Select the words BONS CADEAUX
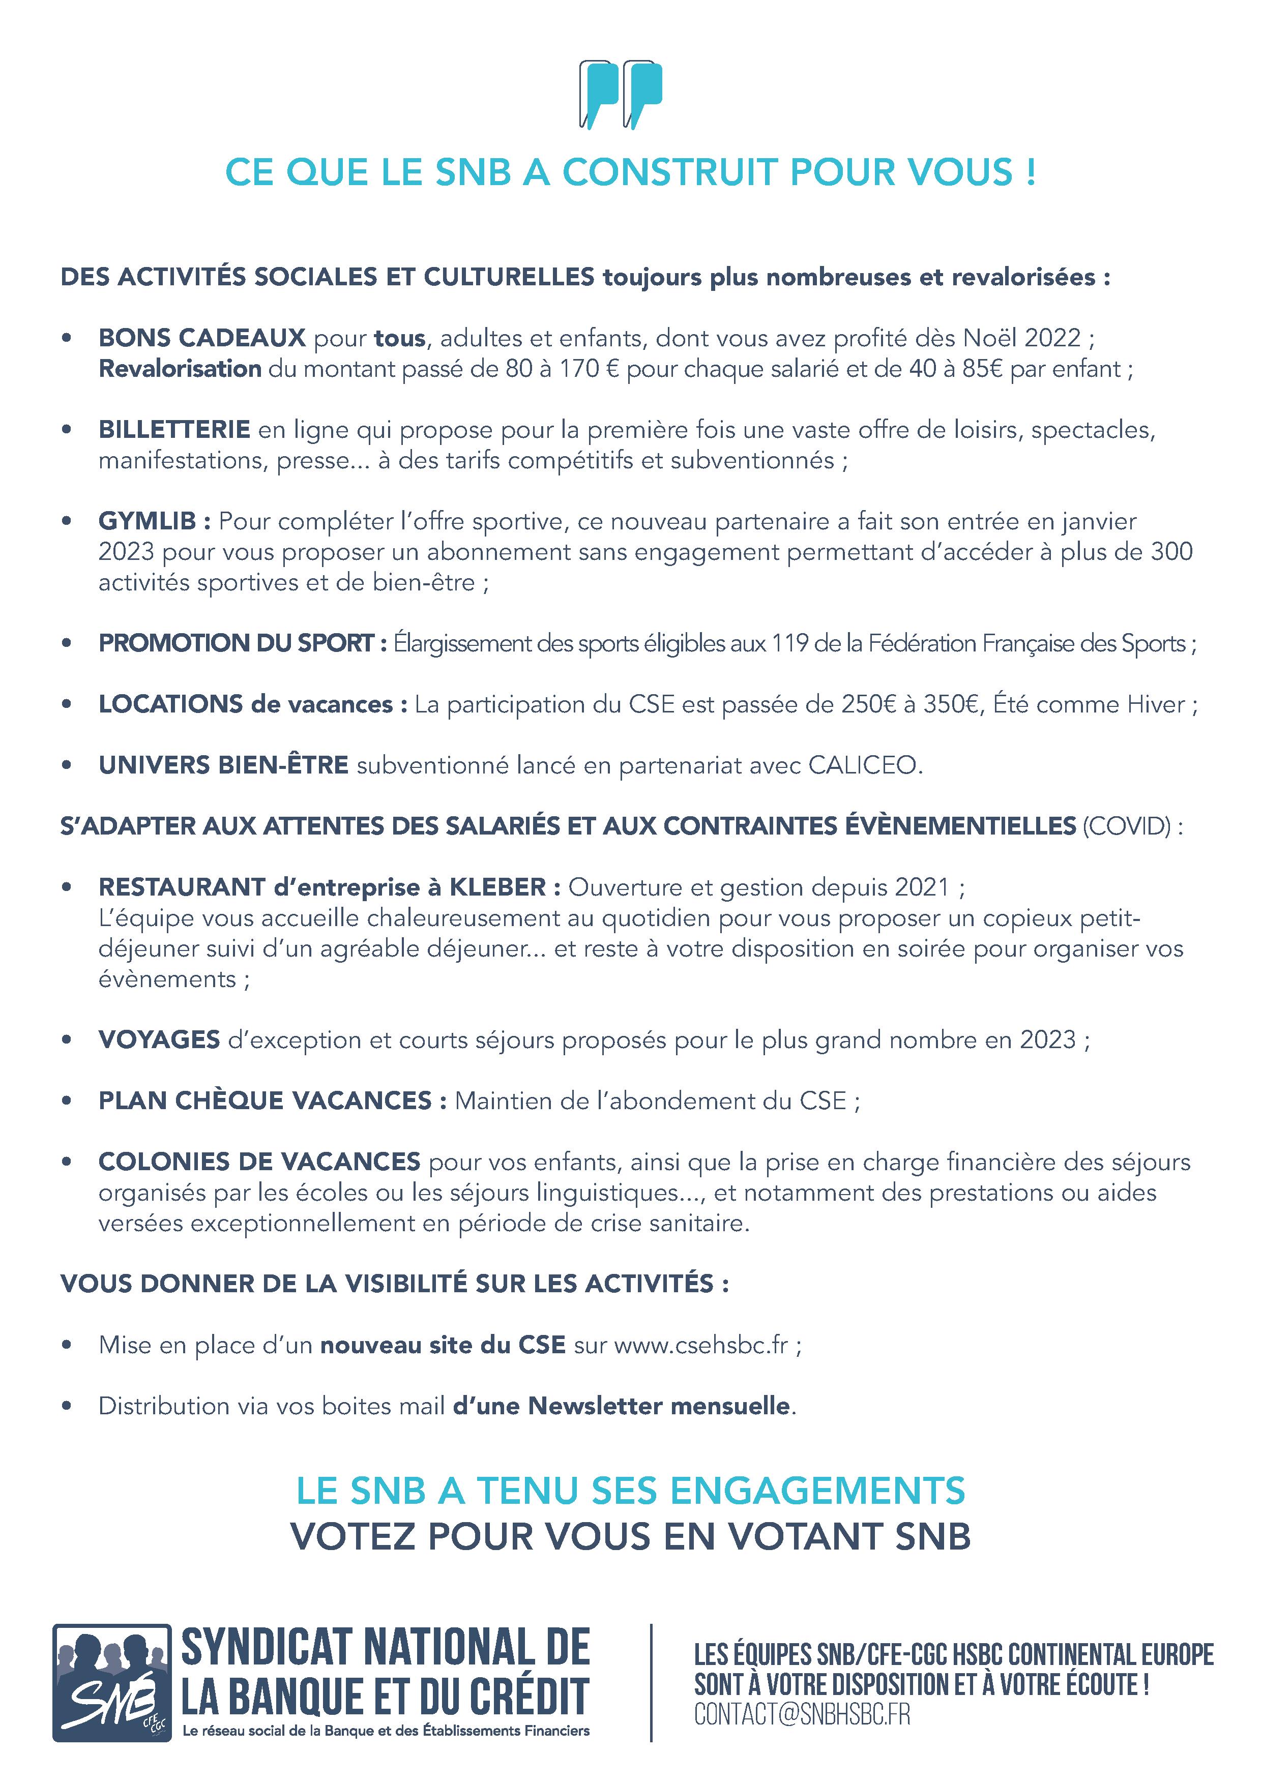(x=202, y=338)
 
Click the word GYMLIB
(x=148, y=521)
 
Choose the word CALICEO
(x=864, y=765)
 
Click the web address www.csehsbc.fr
(x=701, y=1345)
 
